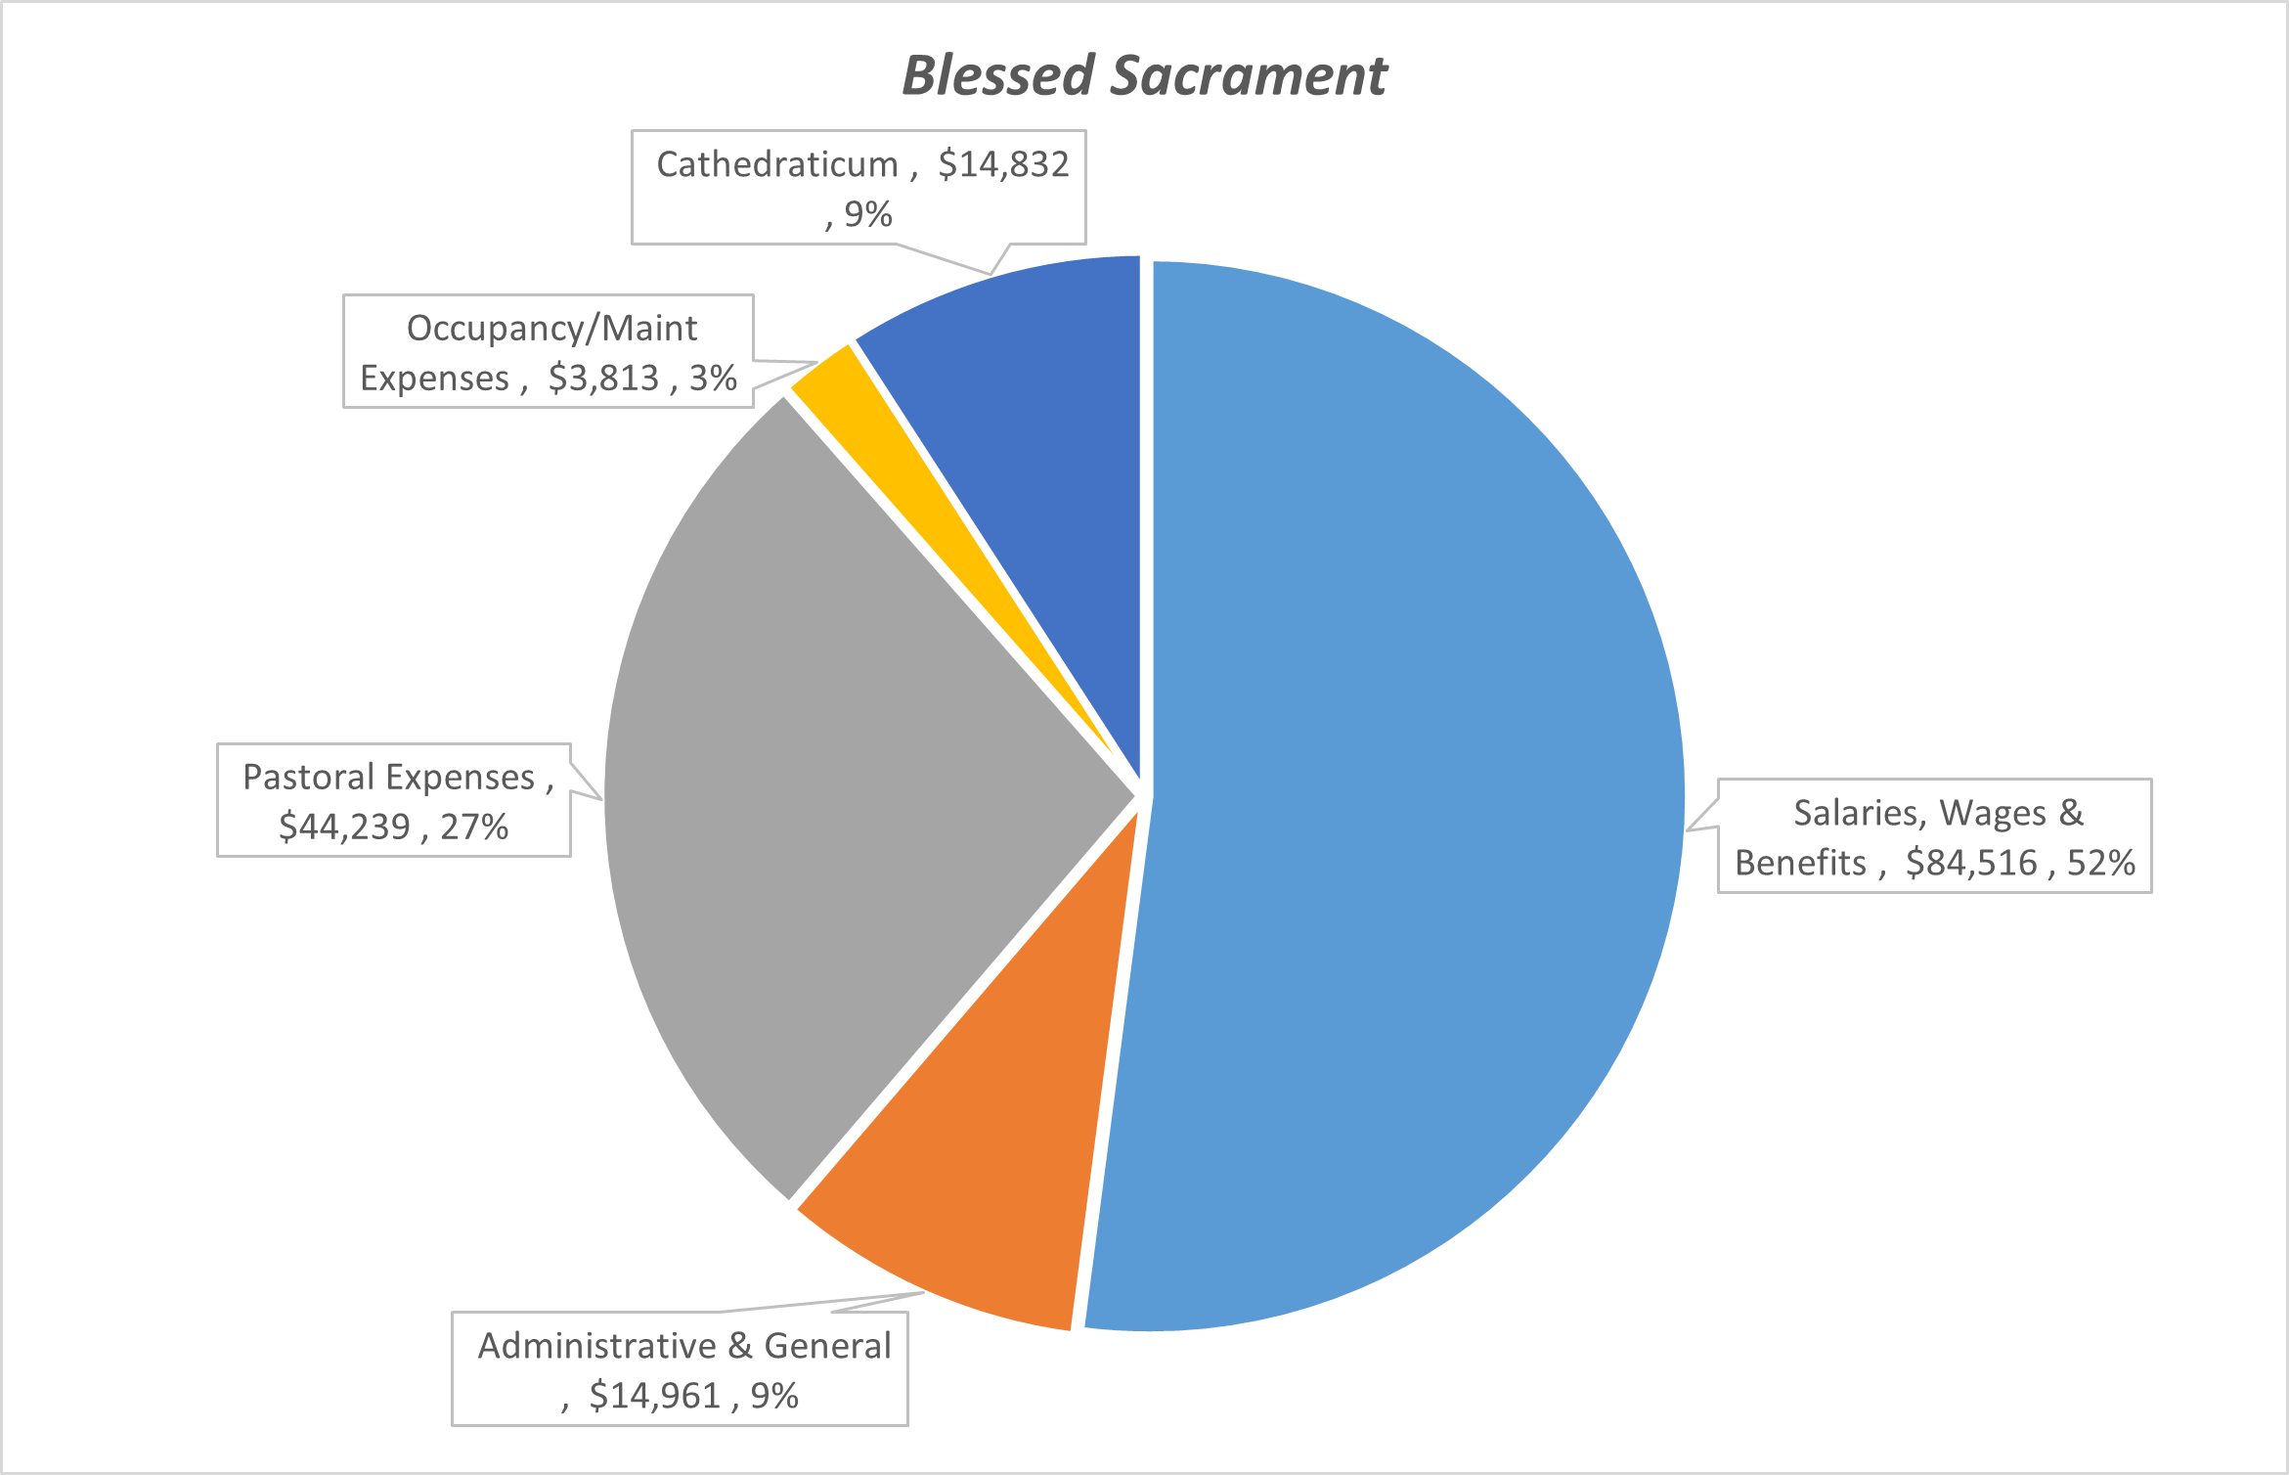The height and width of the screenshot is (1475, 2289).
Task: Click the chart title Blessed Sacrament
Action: [1144, 75]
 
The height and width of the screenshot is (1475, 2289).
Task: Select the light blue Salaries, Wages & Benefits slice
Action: [1418, 782]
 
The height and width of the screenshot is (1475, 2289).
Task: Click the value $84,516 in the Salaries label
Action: [1971, 863]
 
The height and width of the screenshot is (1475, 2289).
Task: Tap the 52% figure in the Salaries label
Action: [2100, 863]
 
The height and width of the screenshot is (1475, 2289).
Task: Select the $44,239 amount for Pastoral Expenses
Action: [345, 827]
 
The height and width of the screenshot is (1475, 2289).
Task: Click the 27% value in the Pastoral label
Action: [474, 827]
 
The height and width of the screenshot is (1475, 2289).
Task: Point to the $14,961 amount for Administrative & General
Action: [655, 1396]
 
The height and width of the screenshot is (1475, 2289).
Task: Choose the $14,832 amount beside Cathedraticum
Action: [1004, 164]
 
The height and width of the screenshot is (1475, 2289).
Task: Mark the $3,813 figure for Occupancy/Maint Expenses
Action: [603, 378]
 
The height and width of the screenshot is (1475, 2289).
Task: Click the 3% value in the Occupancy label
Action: [713, 378]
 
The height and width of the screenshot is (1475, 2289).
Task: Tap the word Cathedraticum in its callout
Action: [777, 164]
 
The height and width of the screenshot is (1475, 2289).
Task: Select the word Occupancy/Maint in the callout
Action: [552, 329]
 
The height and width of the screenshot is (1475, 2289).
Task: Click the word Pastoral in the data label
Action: [308, 777]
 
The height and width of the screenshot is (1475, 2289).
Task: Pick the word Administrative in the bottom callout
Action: [596, 1346]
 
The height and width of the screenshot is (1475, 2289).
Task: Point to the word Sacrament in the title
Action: [1249, 75]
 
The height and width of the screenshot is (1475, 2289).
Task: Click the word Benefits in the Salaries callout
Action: [1800, 863]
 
